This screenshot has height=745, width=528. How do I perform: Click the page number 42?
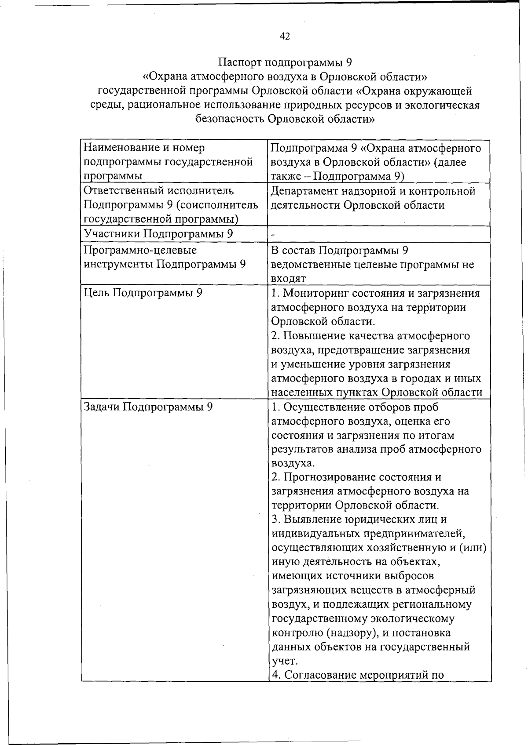tap(285, 36)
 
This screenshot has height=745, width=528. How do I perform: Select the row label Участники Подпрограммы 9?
tap(158, 234)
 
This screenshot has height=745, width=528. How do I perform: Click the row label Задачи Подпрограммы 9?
tap(148, 407)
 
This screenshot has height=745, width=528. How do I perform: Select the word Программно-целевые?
tap(140, 251)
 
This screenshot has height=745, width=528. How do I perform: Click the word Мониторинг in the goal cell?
tap(317, 293)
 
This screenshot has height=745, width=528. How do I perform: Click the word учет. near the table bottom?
tap(285, 661)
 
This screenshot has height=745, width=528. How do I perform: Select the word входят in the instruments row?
tap(288, 279)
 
